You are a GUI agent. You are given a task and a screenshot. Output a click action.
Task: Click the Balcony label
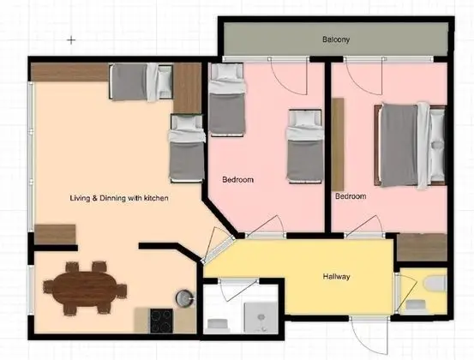(336, 40)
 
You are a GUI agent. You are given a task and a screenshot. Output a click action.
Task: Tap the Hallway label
(336, 276)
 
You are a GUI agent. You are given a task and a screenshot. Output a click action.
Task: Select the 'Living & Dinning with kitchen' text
(119, 198)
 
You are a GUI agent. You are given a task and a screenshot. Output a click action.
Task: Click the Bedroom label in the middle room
(238, 180)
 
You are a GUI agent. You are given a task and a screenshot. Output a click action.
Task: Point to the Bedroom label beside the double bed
(351, 196)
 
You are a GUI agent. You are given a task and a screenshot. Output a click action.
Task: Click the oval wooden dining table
(86, 288)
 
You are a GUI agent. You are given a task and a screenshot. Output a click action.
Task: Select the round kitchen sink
(184, 297)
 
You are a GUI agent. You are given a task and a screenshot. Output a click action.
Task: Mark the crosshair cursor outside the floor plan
(72, 39)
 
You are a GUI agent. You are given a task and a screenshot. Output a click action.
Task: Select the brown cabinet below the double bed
(423, 247)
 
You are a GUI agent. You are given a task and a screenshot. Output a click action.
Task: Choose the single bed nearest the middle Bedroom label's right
(303, 145)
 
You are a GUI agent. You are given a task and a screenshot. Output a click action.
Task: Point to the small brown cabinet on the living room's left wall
(55, 233)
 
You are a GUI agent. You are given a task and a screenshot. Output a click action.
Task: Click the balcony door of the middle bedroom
(288, 77)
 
